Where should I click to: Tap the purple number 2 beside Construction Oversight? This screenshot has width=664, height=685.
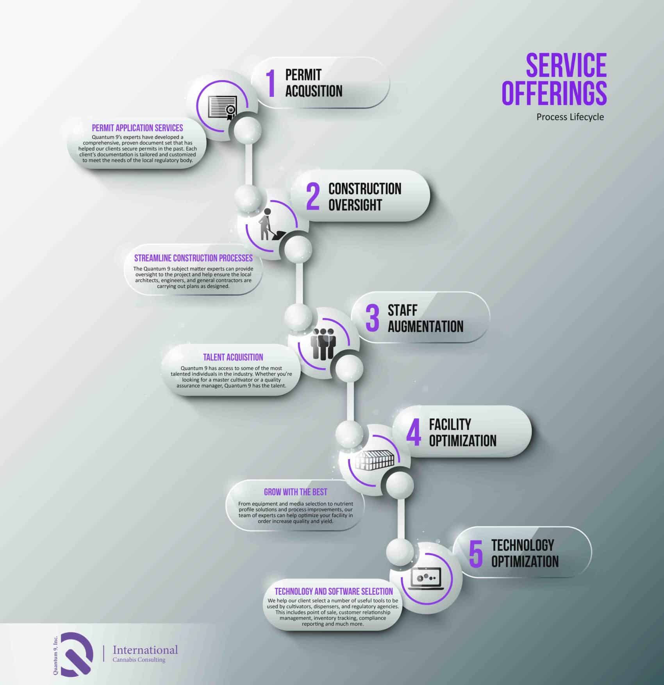(313, 197)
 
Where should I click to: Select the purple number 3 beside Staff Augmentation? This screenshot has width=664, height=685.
(372, 318)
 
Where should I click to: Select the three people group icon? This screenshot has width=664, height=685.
(323, 343)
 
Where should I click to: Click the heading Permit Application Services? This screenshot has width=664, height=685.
(137, 128)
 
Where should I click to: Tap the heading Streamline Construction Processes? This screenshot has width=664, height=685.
(193, 258)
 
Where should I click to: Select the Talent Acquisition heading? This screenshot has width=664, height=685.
(233, 357)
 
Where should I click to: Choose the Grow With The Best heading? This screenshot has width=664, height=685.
(296, 492)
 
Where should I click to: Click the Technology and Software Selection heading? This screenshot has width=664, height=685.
(334, 591)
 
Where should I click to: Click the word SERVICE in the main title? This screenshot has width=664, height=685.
(566, 65)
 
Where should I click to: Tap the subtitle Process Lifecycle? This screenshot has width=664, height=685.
(570, 117)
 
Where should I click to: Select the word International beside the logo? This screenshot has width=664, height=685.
(145, 650)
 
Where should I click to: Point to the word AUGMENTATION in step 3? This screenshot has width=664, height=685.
(425, 327)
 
